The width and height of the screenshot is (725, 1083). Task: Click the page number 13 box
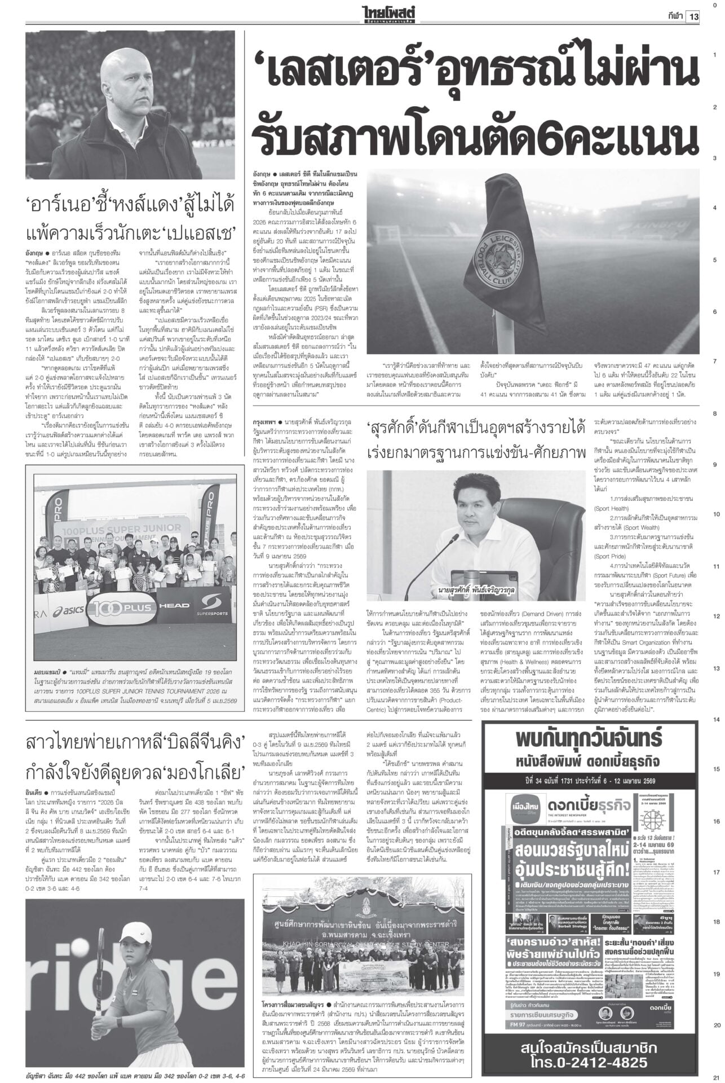coord(692,16)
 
